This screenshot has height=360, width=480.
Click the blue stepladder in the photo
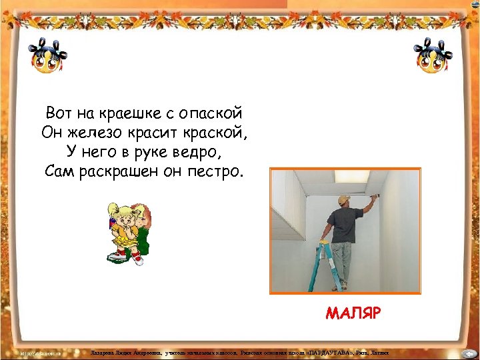[x=326, y=266]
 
